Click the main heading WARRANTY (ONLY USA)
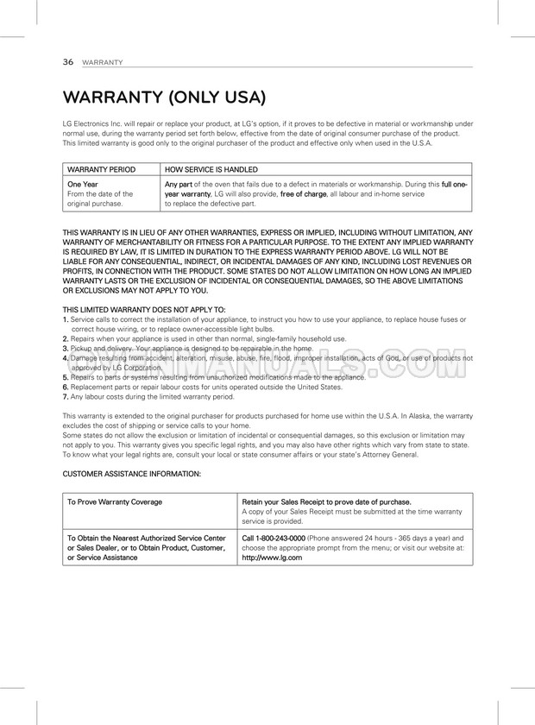coord(164,97)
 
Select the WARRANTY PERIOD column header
coord(101,169)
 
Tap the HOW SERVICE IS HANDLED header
coord(211,169)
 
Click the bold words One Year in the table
coord(83,184)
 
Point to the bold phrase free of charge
coord(304,194)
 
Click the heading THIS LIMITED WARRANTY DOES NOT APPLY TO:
coord(144,308)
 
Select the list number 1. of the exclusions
coord(66,318)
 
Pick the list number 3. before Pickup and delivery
coord(66,348)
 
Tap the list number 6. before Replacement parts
coord(66,387)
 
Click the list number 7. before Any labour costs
coord(66,397)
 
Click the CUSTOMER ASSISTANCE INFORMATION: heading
coord(132,474)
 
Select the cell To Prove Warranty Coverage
coord(115,501)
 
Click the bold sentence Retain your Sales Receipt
coord(326,501)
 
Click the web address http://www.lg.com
coord(272,558)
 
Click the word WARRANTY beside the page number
coord(103,63)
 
